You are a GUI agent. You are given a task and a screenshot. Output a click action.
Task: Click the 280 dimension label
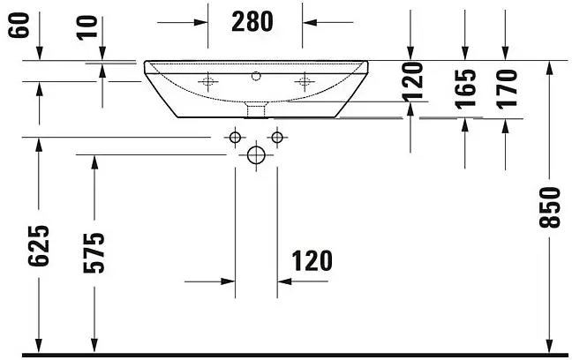tap(252, 21)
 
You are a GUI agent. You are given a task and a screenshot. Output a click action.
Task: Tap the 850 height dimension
tap(549, 207)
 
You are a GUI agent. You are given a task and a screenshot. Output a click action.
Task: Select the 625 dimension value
tap(38, 246)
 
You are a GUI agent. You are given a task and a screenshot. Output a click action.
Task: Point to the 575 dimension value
tap(94, 252)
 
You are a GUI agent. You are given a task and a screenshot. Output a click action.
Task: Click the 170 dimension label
tap(507, 89)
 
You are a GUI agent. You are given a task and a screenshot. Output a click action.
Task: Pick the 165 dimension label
tap(466, 89)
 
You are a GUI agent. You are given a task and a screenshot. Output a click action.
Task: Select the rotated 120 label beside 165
tap(412, 82)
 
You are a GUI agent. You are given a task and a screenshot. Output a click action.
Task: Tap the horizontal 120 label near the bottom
tap(312, 261)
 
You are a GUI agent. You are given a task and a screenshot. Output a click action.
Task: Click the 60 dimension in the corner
tap(19, 26)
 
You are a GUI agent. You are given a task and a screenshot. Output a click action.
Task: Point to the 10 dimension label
tap(87, 27)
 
